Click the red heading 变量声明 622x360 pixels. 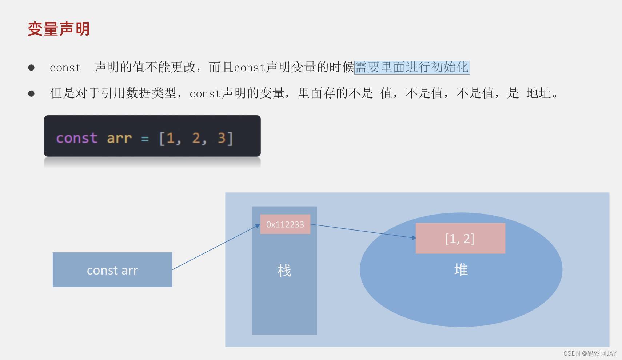59,29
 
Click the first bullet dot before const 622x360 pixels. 31,68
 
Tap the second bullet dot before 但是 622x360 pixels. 31,94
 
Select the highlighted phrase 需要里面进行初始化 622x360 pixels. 412,68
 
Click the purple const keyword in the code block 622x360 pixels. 77,138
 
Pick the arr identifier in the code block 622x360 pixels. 119,138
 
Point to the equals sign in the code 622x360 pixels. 145,139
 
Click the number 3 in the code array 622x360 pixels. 221,138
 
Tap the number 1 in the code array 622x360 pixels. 170,138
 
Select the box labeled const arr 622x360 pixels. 112,270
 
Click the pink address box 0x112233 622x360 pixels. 285,224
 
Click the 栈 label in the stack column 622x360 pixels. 284,271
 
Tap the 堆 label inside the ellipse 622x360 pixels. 461,270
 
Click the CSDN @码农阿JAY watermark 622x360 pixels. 590,353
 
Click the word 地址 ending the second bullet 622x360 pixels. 538,93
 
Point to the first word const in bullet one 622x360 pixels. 65,68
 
